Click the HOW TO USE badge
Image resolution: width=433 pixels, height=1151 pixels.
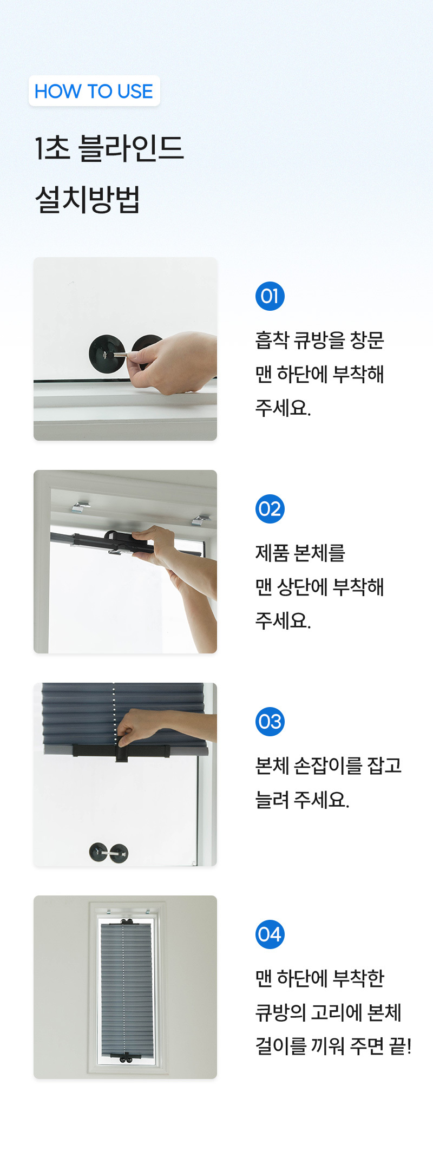click(x=94, y=91)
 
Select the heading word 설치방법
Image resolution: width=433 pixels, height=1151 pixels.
click(x=88, y=199)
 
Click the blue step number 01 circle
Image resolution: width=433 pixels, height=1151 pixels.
click(x=270, y=296)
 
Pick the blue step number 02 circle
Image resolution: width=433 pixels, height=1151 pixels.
click(x=270, y=509)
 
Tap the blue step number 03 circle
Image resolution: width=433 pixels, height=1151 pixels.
click(x=270, y=722)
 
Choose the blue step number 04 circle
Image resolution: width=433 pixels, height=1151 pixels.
click(x=270, y=934)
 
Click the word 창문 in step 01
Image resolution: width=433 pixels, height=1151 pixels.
click(x=367, y=340)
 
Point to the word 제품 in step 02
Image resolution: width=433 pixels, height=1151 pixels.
click(x=272, y=553)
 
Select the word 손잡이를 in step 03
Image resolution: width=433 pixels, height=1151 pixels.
click(x=328, y=766)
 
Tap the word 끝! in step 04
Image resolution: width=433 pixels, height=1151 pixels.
click(x=400, y=1046)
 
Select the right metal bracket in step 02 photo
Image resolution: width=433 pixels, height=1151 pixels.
click(x=200, y=521)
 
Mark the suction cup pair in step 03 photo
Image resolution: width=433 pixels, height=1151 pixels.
click(x=109, y=853)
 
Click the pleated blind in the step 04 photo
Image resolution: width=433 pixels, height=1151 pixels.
click(x=126, y=989)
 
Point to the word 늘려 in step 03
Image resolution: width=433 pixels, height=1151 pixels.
click(x=272, y=800)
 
